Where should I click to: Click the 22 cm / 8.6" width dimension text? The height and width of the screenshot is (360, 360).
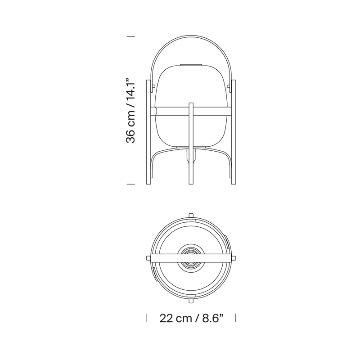pyautogui.click(x=191, y=318)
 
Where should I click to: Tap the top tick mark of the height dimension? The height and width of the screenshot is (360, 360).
pyautogui.click(x=130, y=36)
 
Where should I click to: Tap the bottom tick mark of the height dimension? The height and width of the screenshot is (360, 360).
pyautogui.click(x=130, y=184)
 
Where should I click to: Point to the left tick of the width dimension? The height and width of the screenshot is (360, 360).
pyautogui.click(x=147, y=318)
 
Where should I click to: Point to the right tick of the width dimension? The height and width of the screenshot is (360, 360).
pyautogui.click(x=235, y=318)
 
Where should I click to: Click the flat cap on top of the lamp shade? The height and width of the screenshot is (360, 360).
pyautogui.click(x=191, y=65)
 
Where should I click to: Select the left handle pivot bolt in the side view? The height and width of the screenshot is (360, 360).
pyautogui.click(x=154, y=86)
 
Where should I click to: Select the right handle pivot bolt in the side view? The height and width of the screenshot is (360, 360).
pyautogui.click(x=228, y=86)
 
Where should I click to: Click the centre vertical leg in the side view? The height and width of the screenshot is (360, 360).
pyautogui.click(x=191, y=144)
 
